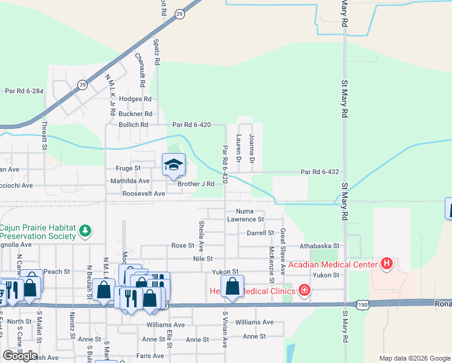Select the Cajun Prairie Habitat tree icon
[x=86, y=231]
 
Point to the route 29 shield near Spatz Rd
[x=179, y=13]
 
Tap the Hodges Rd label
[x=135, y=99]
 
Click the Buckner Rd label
[x=135, y=114]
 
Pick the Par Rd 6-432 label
[x=320, y=172]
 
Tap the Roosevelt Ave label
[x=143, y=194]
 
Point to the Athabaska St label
[x=321, y=246]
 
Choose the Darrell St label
[x=260, y=233]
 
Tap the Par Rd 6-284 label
[x=24, y=91]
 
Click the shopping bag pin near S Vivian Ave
[x=232, y=287]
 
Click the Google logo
[x=20, y=356]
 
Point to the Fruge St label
[x=128, y=168]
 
